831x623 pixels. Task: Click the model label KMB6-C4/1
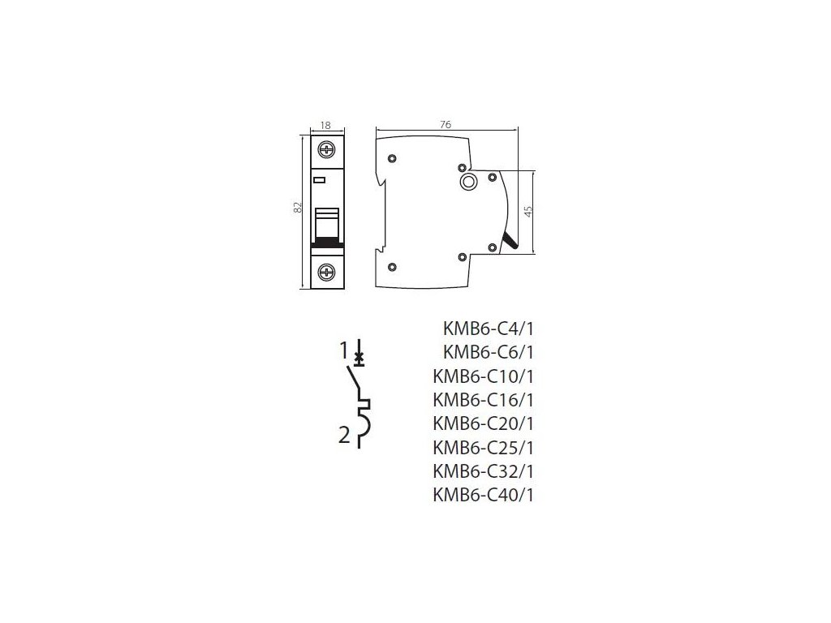pyautogui.click(x=489, y=329)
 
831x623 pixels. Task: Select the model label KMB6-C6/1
pyautogui.click(x=489, y=352)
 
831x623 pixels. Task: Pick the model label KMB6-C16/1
pyautogui.click(x=484, y=399)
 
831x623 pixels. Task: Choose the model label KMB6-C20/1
pyautogui.click(x=484, y=423)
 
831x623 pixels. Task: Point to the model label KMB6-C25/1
pyautogui.click(x=484, y=447)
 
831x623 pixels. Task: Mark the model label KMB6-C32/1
pyautogui.click(x=484, y=470)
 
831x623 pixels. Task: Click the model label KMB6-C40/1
pyautogui.click(x=484, y=494)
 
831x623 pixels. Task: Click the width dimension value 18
pyautogui.click(x=327, y=126)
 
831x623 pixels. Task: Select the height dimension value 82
pyautogui.click(x=299, y=208)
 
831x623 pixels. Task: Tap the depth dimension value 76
pyautogui.click(x=446, y=124)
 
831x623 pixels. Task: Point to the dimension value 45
pyautogui.click(x=527, y=212)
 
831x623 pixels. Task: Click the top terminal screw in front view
pyautogui.click(x=327, y=150)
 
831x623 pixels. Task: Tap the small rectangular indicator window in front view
pyautogui.click(x=319, y=180)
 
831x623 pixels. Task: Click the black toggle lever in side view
pyautogui.click(x=510, y=240)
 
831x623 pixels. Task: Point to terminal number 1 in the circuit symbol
pyautogui.click(x=344, y=350)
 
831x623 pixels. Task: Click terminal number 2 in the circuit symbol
pyautogui.click(x=344, y=436)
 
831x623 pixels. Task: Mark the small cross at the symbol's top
pyautogui.click(x=360, y=355)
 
